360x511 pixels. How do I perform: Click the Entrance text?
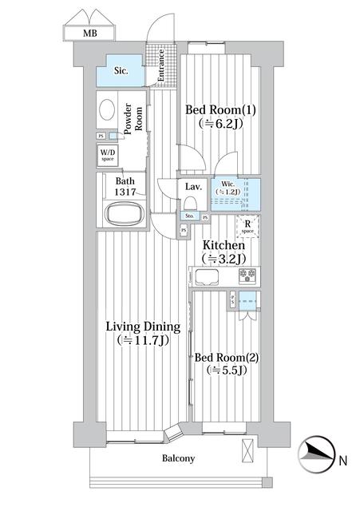point(160,65)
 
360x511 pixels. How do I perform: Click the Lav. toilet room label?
point(192,187)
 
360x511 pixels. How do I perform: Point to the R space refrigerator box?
point(248,226)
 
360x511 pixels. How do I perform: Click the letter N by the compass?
point(342,461)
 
